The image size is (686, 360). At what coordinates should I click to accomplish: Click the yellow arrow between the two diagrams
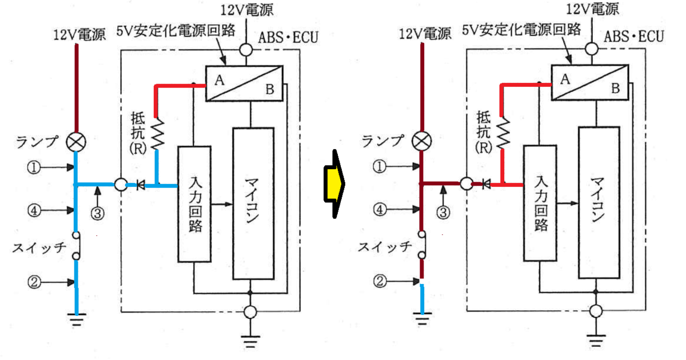click(334, 184)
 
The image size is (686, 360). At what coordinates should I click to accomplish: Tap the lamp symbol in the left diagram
click(76, 142)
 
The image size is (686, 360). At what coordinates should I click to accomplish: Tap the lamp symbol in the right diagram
click(422, 142)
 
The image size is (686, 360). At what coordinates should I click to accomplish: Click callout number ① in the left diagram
click(34, 167)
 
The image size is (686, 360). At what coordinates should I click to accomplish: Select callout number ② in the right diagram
click(380, 281)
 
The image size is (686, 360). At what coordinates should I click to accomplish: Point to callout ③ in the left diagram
click(97, 213)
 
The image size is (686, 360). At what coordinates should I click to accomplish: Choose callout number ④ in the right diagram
click(380, 210)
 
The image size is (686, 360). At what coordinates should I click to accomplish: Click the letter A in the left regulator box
click(220, 80)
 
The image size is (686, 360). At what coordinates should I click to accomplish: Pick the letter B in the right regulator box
click(616, 89)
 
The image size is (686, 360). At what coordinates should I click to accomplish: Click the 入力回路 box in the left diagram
click(194, 204)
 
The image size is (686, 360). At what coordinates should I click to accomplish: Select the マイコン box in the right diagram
click(599, 203)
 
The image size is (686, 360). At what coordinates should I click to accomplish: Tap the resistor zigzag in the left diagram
click(157, 134)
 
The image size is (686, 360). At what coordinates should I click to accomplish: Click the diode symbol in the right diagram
click(486, 184)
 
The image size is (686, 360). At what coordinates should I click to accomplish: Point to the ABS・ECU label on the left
click(288, 38)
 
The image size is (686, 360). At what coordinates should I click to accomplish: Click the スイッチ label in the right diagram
click(385, 247)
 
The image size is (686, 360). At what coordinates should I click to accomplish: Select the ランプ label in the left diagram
click(37, 142)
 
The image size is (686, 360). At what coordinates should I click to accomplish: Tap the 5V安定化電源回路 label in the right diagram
click(521, 30)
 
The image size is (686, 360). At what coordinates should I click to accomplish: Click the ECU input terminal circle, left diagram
click(121, 185)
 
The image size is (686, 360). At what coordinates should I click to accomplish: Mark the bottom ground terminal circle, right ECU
click(596, 311)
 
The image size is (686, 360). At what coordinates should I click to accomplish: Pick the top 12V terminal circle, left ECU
click(246, 50)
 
